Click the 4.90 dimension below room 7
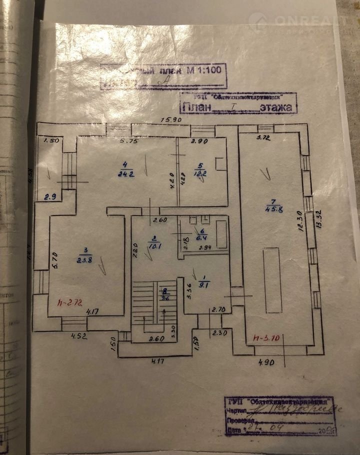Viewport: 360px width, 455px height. point(267,362)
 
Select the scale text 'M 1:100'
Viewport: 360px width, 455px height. point(205,70)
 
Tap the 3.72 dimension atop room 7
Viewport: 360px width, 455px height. point(263,136)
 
